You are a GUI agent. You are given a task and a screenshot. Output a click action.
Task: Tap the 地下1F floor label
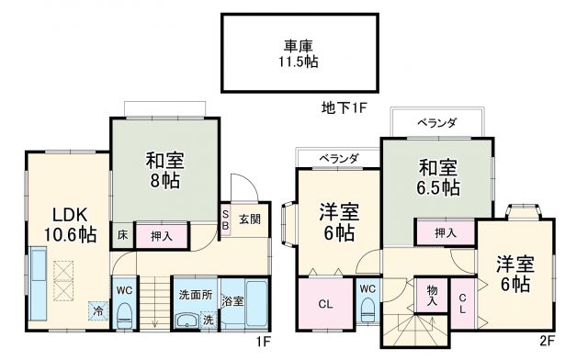pyautogui.click(x=345, y=108)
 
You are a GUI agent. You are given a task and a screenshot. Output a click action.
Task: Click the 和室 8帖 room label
pyautogui.click(x=165, y=169)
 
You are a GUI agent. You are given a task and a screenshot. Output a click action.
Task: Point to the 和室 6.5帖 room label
pyautogui.click(x=438, y=178)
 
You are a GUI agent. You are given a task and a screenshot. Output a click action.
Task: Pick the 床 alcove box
pyautogui.click(x=122, y=235)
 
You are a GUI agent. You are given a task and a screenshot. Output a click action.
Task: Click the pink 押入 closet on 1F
pyautogui.click(x=162, y=236)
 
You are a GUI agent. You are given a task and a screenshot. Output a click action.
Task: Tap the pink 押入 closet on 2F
pyautogui.click(x=445, y=233)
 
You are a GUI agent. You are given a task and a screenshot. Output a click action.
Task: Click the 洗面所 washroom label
pyautogui.click(x=195, y=296)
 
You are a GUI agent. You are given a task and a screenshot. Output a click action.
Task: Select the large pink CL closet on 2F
pyautogui.click(x=324, y=303)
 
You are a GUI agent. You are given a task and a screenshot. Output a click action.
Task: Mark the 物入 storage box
pyautogui.click(x=432, y=295)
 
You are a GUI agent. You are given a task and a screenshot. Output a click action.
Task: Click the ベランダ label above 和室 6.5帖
pyautogui.click(x=435, y=122)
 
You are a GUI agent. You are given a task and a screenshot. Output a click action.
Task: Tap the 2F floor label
pyautogui.click(x=547, y=343)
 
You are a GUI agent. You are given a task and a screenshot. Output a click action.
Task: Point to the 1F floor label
pyautogui.click(x=263, y=343)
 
